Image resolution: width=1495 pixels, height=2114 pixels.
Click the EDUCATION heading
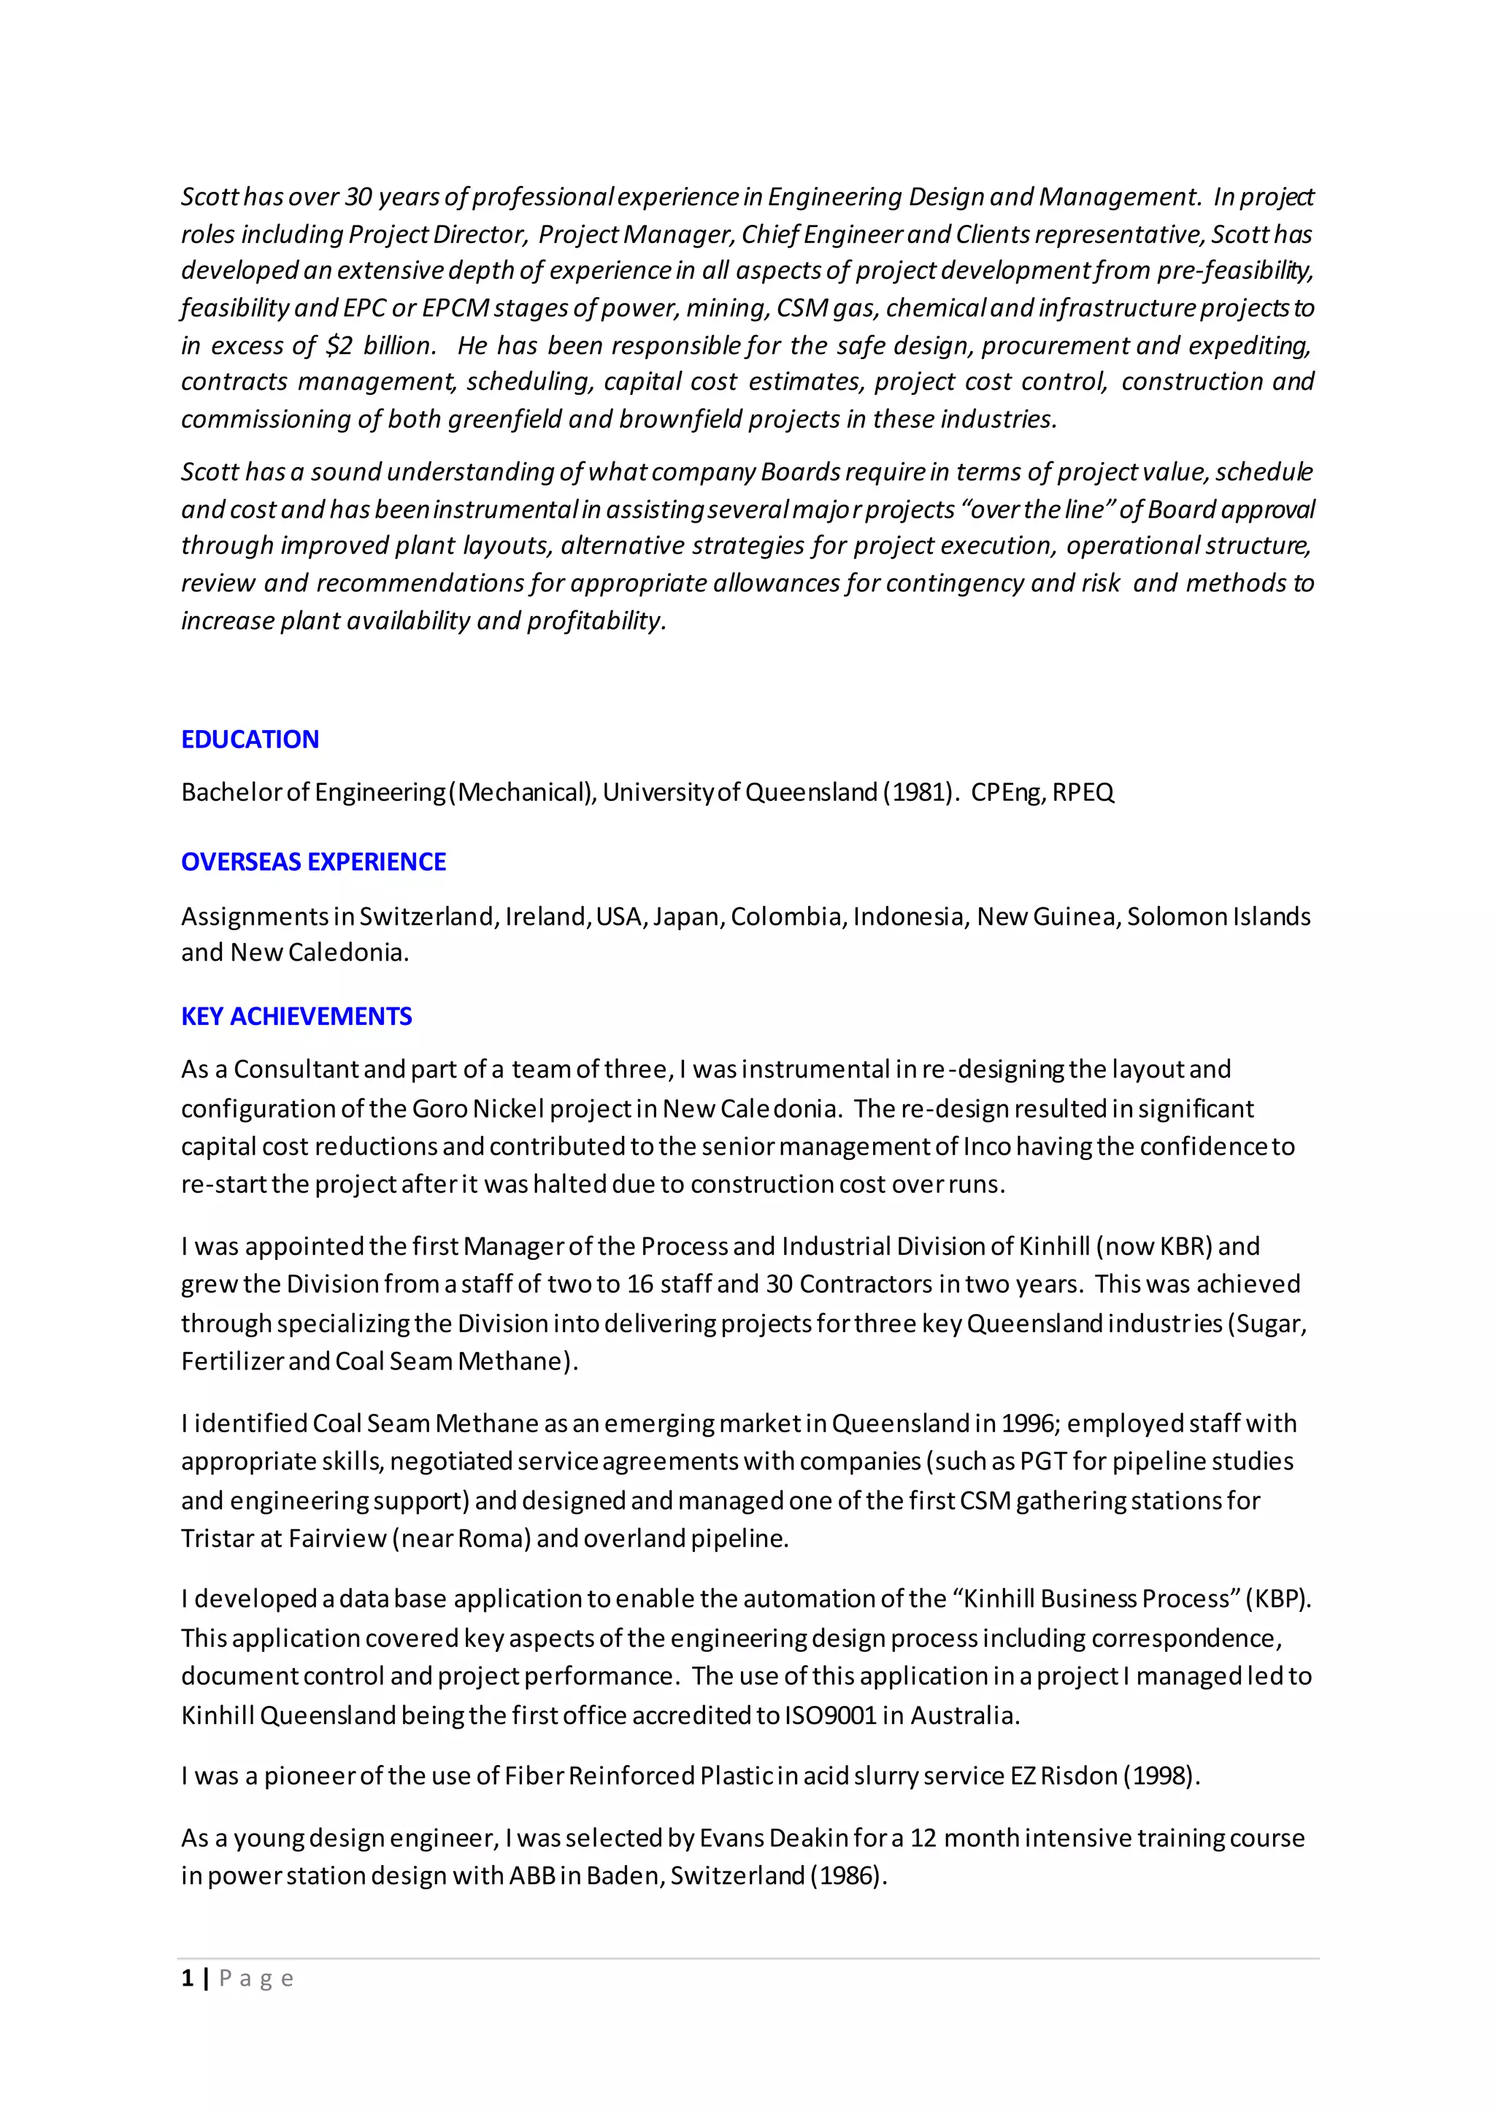tap(250, 739)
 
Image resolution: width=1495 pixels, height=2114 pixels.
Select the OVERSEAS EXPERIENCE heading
tap(313, 862)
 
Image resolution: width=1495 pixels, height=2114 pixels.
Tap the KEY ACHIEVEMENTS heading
tap(296, 1017)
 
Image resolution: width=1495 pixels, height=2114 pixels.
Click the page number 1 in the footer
tap(188, 1979)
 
